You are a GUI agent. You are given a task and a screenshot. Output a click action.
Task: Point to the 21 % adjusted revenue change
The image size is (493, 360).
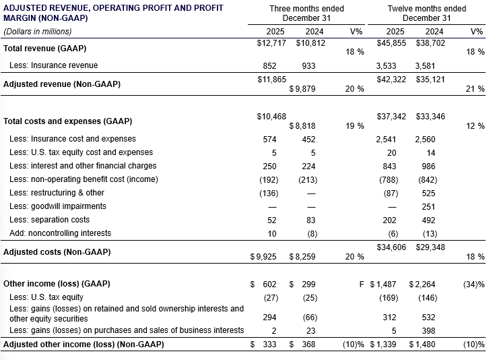tap(475, 89)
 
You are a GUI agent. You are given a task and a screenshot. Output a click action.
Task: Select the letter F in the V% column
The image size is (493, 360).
tap(362, 284)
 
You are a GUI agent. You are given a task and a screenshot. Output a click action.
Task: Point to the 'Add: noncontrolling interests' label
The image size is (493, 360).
tap(60, 233)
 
